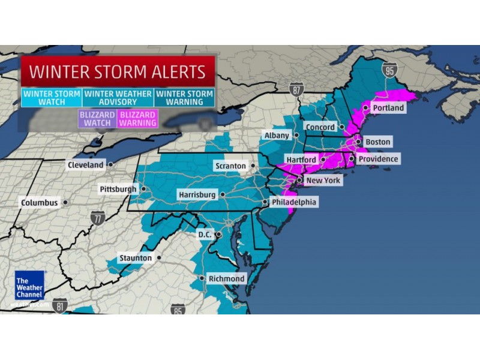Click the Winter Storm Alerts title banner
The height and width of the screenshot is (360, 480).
(x=118, y=72)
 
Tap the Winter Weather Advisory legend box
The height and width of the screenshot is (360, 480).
(x=118, y=98)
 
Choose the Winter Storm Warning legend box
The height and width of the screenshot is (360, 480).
(x=185, y=98)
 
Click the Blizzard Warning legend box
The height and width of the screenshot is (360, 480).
(x=138, y=118)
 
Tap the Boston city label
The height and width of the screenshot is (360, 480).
(x=377, y=142)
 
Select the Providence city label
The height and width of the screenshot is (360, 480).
(x=378, y=159)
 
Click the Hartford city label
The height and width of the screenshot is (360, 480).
(x=301, y=160)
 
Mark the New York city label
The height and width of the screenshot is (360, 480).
(x=323, y=180)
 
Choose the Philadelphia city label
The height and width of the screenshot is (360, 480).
(x=293, y=203)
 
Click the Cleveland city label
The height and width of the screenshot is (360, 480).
(x=86, y=164)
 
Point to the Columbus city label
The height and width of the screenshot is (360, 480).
(x=40, y=203)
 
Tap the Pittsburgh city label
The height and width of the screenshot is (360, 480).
(x=118, y=189)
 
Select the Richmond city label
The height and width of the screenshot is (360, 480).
(x=226, y=278)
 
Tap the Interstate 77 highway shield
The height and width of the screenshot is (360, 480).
(x=98, y=218)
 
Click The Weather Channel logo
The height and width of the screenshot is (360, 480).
(x=29, y=286)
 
